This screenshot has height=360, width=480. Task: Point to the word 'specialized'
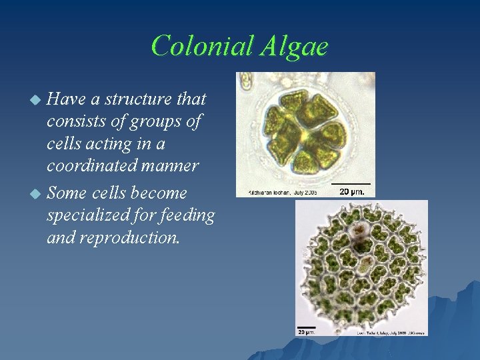(87, 216)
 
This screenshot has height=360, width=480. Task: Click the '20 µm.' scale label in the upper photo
(351, 191)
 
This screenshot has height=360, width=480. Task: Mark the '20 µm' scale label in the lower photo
(306, 331)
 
